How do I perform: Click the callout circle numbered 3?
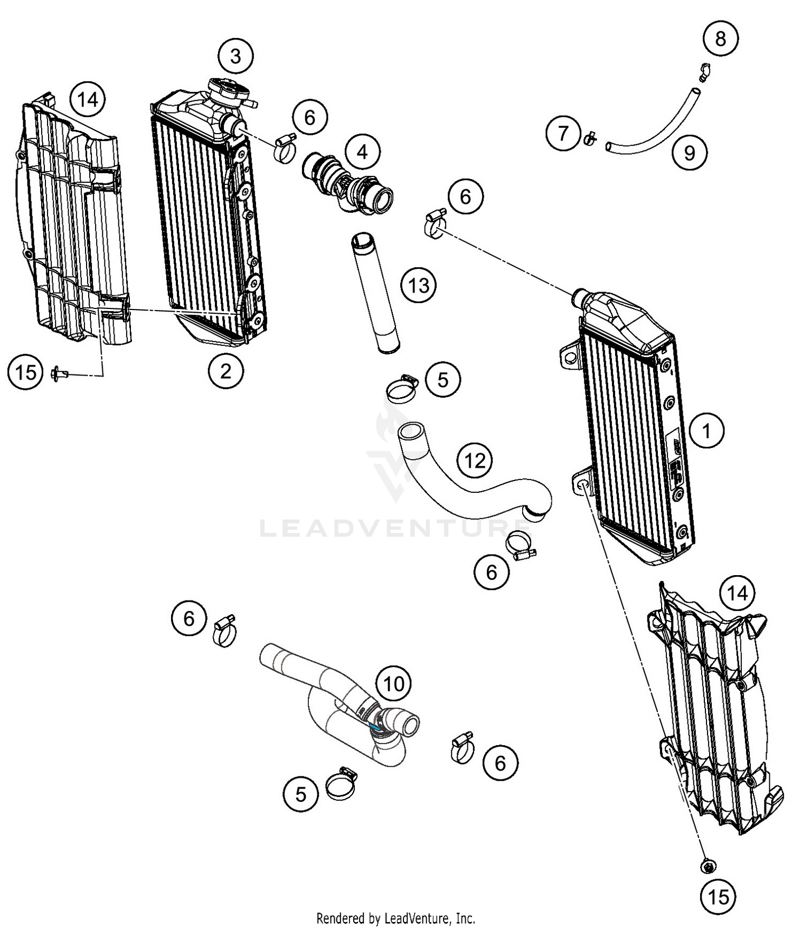[x=235, y=56]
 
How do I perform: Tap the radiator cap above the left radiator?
[x=229, y=91]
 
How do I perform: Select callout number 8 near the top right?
[x=720, y=39]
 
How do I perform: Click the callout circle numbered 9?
[x=690, y=153]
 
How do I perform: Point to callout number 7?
[x=563, y=133]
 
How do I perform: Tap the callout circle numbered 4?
[x=362, y=152]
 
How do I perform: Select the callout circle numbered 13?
[x=419, y=286]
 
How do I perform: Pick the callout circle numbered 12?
[x=475, y=461]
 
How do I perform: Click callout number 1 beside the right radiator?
[x=706, y=431]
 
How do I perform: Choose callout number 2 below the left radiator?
[x=225, y=371]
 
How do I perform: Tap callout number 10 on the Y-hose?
[x=394, y=684]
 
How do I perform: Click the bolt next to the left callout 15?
[x=60, y=374]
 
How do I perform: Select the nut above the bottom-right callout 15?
[x=708, y=866]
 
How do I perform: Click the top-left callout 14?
[x=88, y=99]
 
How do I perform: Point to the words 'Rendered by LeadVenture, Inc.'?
[x=395, y=918]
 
